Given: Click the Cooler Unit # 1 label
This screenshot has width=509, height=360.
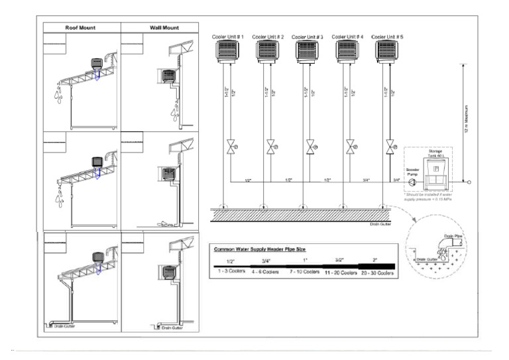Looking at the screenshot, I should click(229, 36).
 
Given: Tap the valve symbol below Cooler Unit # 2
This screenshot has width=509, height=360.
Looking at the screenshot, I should click(270, 147).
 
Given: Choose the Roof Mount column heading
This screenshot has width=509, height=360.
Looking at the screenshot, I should click(81, 28).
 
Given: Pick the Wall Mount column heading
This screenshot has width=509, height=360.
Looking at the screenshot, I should click(159, 28).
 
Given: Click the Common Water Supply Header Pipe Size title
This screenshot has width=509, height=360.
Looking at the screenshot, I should click(264, 249).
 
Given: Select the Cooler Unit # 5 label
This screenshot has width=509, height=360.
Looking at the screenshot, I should click(389, 36).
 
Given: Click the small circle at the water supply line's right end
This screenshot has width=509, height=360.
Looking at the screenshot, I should click(469, 182).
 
